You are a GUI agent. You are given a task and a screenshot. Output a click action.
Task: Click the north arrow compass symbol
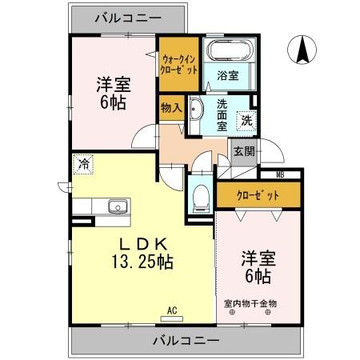coord(303,51)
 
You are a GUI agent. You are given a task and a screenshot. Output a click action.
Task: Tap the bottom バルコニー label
coord(185,341)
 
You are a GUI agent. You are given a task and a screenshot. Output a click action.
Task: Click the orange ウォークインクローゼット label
coord(178,63)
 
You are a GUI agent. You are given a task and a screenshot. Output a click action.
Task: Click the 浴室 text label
coord(227,77)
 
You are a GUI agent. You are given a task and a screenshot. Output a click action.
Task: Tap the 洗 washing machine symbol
coord(247,121)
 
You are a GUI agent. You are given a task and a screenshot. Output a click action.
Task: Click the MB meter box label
coord(280,175)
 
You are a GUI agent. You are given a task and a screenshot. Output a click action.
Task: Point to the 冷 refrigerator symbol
coord(83,165)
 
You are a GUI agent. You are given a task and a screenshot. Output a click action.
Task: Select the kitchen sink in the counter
coord(117,206)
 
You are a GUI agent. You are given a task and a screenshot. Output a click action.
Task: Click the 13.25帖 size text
coord(143,261)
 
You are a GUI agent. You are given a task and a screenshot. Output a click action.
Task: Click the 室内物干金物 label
coord(250,303)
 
